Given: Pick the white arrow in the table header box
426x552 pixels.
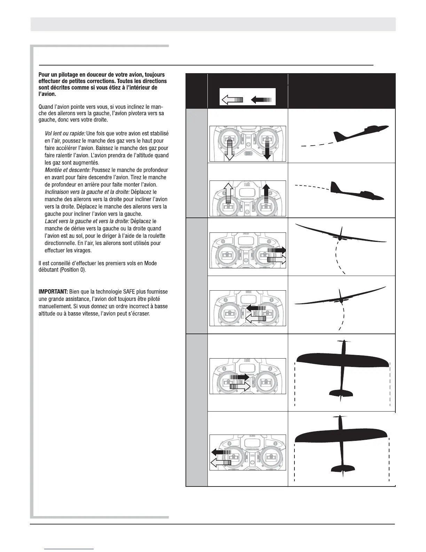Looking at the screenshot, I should click(x=232, y=100).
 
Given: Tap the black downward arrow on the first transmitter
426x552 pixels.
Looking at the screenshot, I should click(x=267, y=150).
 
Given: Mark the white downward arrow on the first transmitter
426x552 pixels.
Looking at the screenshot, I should click(x=229, y=150).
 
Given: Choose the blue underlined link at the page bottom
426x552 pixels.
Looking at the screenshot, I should click(x=69, y=548).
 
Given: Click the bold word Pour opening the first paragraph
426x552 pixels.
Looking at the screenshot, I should click(x=45, y=75).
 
